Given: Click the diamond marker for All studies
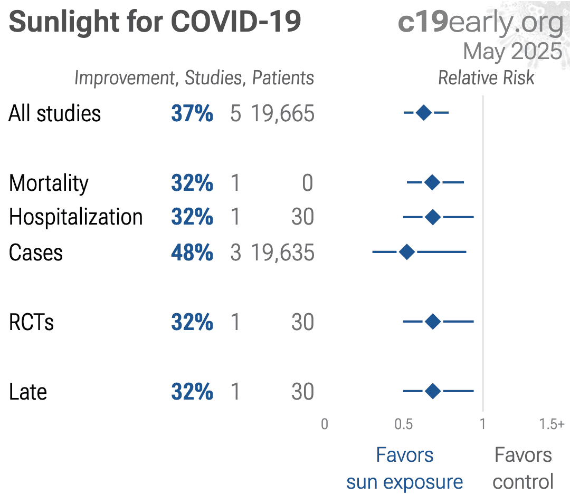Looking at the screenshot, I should tap(424, 113).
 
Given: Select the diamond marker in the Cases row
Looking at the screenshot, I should tap(407, 252).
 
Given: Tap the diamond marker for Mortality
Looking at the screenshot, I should tap(432, 183).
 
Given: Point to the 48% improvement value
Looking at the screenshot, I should tap(192, 253).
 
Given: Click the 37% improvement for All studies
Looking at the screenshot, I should tap(192, 114).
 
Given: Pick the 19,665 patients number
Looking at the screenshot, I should tap(282, 114).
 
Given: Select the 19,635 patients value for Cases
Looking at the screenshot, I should tap(282, 253).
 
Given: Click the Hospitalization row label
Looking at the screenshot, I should tap(76, 217).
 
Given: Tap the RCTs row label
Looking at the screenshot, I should tap(32, 323).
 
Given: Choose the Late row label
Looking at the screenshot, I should tap(28, 392).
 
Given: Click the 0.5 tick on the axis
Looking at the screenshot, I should tap(404, 424).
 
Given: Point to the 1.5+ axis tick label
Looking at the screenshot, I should tap(552, 424).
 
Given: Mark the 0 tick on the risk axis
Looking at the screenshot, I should tap(325, 424).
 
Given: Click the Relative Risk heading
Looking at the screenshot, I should tap(486, 78).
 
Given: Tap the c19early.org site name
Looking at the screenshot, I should tap(480, 22).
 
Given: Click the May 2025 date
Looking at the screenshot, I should tap(512, 52).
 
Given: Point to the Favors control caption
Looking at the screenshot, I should tap(523, 468).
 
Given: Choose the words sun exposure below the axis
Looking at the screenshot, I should tap(405, 482).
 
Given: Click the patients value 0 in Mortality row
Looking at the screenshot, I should tap(307, 183).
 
